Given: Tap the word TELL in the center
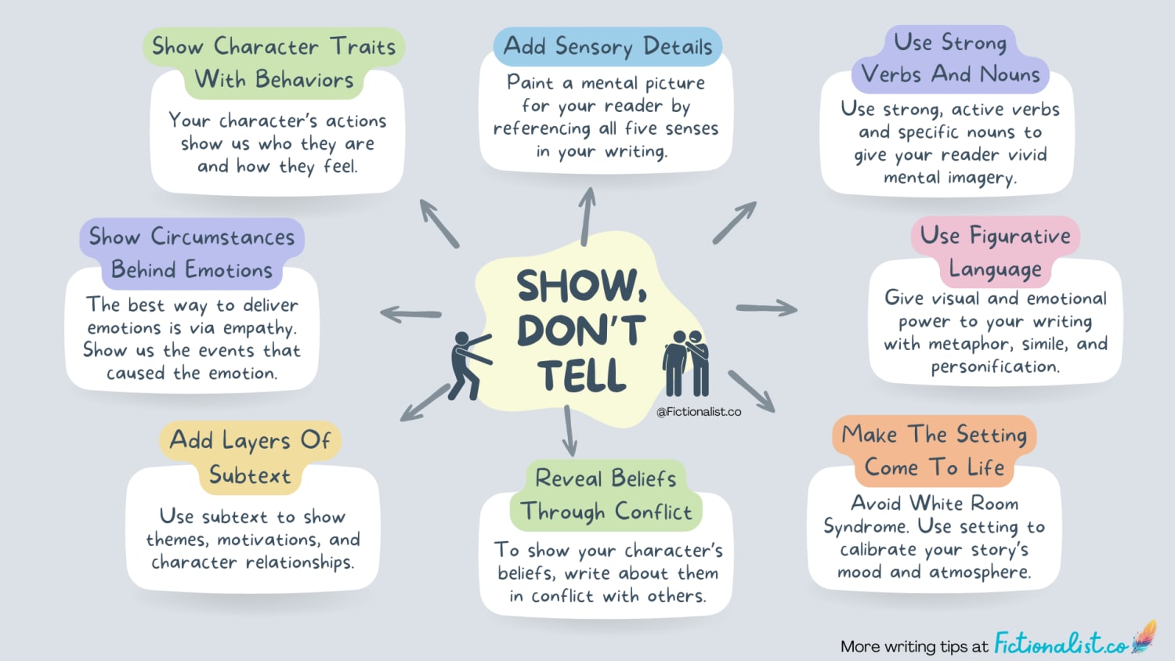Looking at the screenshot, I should [581, 376].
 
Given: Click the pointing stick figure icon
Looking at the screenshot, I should [468, 365].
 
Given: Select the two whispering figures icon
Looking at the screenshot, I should [686, 363].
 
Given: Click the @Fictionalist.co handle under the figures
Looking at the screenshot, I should [699, 411].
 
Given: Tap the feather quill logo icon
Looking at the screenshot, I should [1144, 637].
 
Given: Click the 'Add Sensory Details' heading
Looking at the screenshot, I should [608, 46].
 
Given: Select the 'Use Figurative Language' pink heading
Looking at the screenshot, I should [995, 251].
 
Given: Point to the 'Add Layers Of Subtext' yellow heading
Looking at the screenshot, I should [250, 457].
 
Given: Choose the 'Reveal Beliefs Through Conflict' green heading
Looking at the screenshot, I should [606, 495].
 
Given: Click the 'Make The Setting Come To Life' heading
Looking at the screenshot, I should [934, 450].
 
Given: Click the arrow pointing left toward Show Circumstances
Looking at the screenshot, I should [410, 314].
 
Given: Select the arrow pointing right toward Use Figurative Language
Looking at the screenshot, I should [766, 308].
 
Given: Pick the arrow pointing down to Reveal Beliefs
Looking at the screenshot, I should [569, 431].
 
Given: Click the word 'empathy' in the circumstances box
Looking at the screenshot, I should [258, 328].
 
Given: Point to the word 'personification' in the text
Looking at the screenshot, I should [994, 367].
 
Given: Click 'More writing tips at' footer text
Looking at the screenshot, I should [913, 646].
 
